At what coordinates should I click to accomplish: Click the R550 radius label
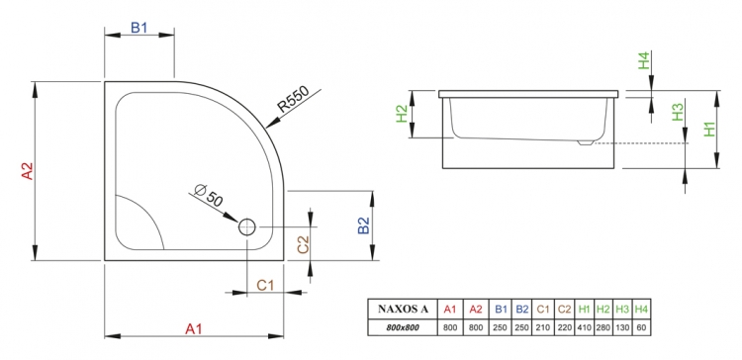click(x=293, y=98)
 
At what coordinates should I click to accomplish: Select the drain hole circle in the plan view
click(x=247, y=227)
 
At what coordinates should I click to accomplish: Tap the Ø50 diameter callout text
click(x=208, y=195)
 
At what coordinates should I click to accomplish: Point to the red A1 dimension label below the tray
click(x=194, y=328)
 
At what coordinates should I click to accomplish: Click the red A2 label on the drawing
click(x=28, y=171)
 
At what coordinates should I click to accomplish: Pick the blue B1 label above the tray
click(x=139, y=28)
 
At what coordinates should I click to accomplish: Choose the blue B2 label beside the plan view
click(x=363, y=225)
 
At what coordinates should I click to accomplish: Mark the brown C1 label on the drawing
click(x=265, y=285)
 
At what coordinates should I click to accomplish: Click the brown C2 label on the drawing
click(x=303, y=244)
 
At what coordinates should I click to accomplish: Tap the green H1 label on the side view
click(x=709, y=129)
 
